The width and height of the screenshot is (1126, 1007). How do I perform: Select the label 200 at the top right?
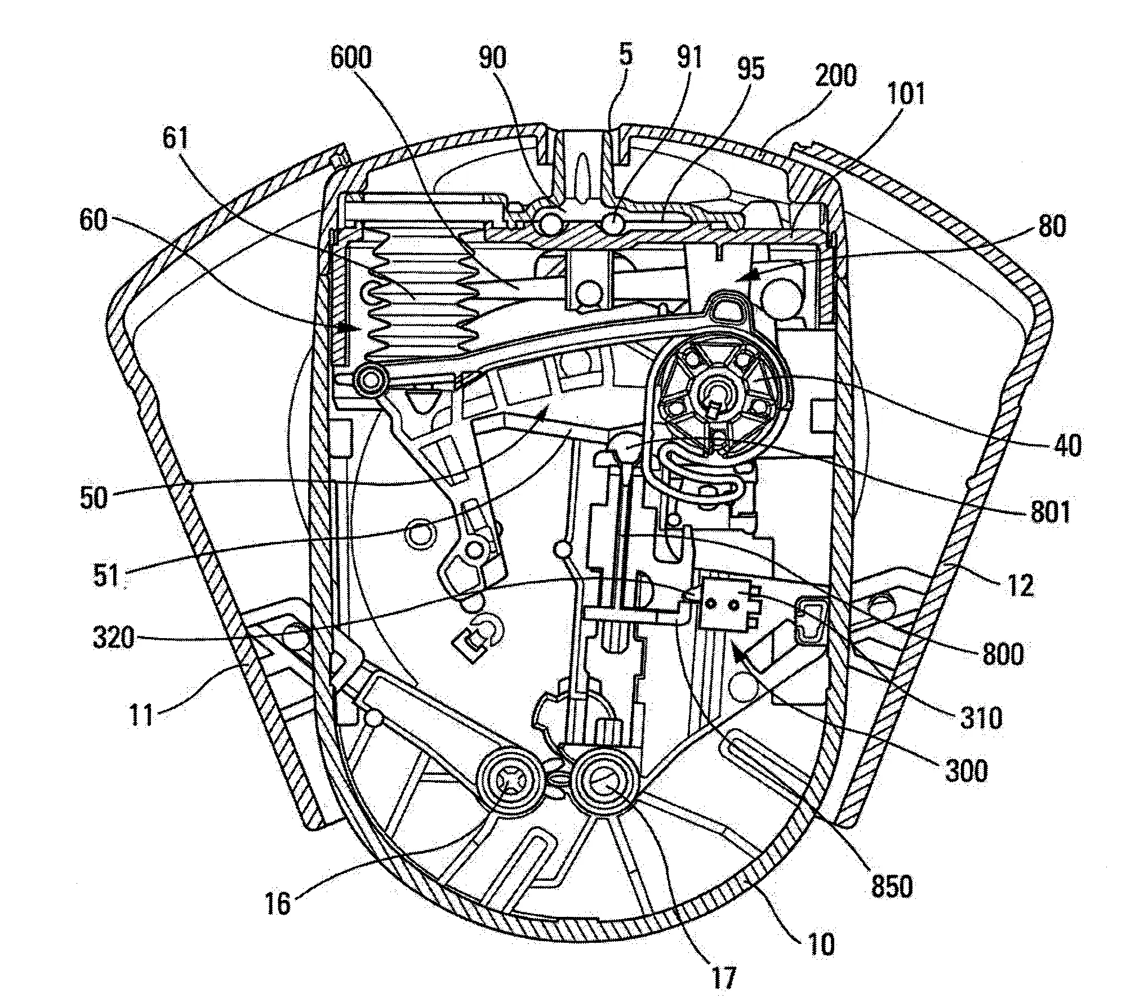click(x=835, y=75)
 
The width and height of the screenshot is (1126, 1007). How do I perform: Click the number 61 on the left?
click(x=176, y=139)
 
